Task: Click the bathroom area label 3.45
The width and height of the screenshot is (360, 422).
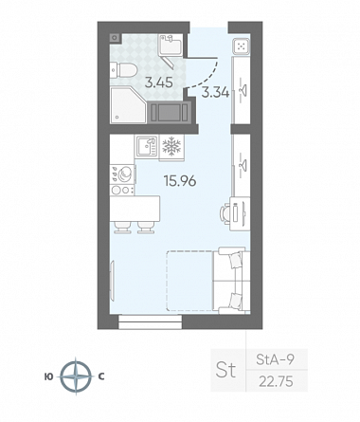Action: point(158,83)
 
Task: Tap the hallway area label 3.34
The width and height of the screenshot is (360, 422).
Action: point(215,92)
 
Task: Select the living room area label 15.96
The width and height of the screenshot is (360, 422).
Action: point(180,181)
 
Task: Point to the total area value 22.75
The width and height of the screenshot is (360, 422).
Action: point(276,381)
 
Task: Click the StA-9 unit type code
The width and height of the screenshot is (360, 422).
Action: point(275,359)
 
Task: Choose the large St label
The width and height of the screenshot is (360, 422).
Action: point(225,370)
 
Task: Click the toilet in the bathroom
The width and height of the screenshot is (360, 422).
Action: point(123,70)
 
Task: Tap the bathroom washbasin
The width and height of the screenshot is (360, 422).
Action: point(171,45)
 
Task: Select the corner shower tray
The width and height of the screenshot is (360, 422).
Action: point(128,104)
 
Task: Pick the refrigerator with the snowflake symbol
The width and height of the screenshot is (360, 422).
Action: point(171,147)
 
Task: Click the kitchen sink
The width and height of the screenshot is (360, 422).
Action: point(147,147)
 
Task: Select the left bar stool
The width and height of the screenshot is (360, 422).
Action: point(122,228)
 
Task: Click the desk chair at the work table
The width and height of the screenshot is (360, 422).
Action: point(225,213)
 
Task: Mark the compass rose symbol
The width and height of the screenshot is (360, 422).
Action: point(76,376)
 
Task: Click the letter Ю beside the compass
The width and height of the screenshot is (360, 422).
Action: point(49,376)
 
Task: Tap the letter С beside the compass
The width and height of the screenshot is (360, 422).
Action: point(101,376)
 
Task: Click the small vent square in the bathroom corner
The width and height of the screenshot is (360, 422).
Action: point(115,38)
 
